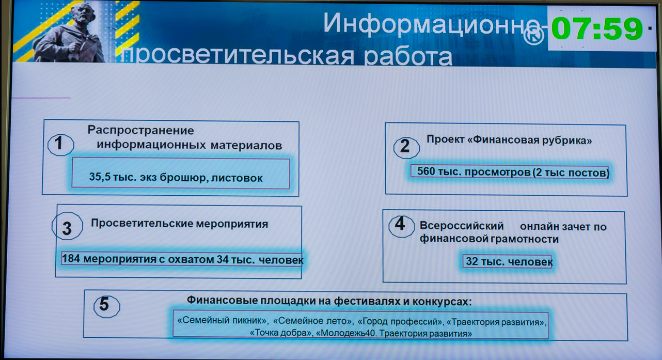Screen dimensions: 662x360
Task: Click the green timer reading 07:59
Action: pos(597,29)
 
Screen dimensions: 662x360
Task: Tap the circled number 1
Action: pos(60,144)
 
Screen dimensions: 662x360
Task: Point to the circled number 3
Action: pos(67,226)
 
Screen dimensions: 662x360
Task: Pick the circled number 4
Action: pos(401,226)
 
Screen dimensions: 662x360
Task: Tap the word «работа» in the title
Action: pos(408,56)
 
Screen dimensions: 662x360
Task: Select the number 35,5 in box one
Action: pos(100,177)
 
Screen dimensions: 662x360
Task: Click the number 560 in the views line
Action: pos(426,171)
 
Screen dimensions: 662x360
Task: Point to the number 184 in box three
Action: pos(71,258)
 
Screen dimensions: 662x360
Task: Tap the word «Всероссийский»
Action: pos(462,226)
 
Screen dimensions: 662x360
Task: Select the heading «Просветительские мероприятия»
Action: pos(179,224)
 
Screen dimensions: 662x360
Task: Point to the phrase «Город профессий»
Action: pos(400,321)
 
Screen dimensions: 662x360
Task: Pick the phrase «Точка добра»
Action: pos(281,333)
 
